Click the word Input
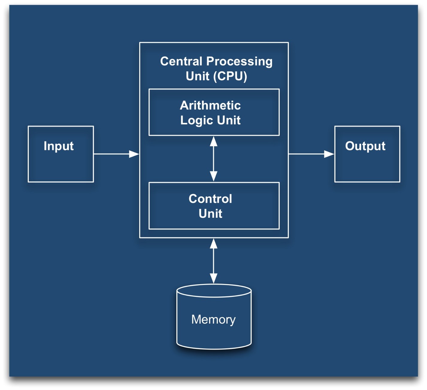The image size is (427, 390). (x=58, y=146)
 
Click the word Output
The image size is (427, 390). (x=365, y=146)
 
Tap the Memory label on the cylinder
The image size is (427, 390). (x=213, y=319)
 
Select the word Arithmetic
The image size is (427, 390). (x=210, y=105)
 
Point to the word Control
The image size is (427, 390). (x=210, y=199)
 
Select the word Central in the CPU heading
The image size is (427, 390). (x=181, y=61)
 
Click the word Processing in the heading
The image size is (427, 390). (x=239, y=61)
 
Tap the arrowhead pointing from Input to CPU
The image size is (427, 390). (x=134, y=154)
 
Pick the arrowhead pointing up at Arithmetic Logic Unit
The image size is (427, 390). (x=213, y=141)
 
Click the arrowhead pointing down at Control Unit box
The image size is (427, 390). (x=213, y=176)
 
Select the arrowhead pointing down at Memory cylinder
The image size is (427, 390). (x=213, y=278)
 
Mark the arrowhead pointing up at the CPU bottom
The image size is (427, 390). (x=213, y=244)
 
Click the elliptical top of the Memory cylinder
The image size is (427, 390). (x=214, y=291)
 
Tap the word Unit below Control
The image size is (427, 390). (x=210, y=214)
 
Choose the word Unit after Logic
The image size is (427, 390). (x=229, y=120)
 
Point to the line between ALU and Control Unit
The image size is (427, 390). (x=213, y=159)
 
